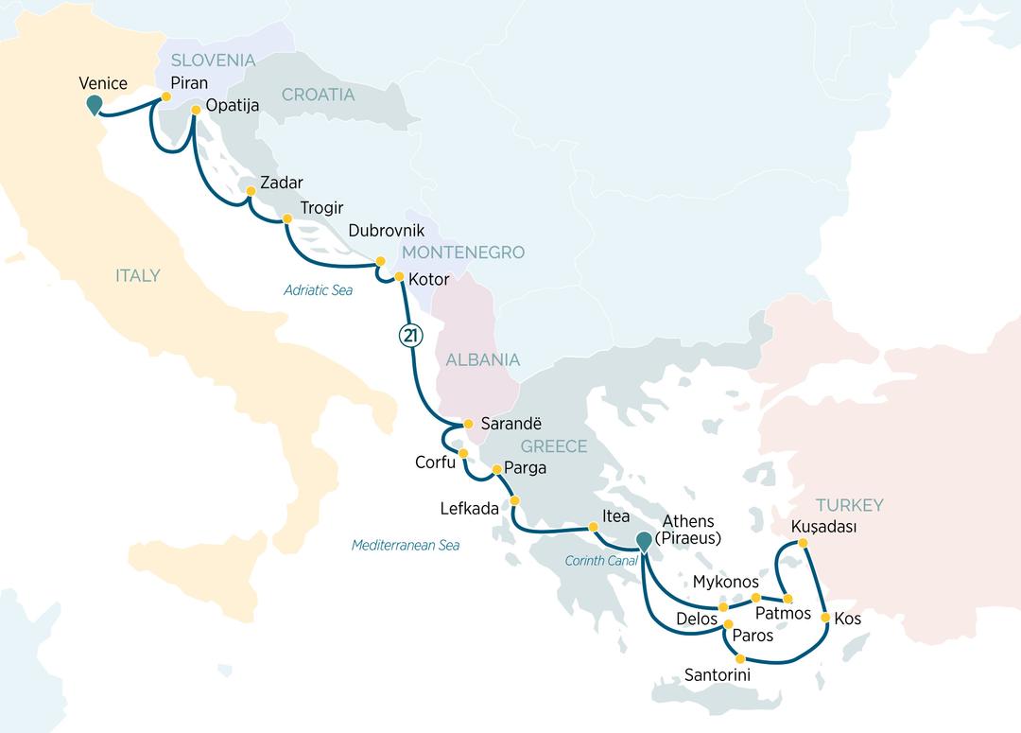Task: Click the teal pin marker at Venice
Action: (94, 105)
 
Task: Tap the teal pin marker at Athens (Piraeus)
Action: (644, 542)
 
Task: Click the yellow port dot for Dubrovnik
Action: (381, 261)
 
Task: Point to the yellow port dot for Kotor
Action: (399, 277)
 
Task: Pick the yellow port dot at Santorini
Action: (740, 658)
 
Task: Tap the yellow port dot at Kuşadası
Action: (803, 543)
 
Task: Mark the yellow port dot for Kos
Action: (825, 618)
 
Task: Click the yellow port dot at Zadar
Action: (251, 192)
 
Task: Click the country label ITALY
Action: (138, 276)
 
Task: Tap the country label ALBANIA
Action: (483, 359)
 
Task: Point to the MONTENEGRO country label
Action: (463, 253)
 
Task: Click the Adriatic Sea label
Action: (318, 290)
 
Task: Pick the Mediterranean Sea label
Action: (405, 546)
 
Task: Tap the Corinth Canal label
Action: (603, 560)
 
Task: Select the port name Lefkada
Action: (469, 509)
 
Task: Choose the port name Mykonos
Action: (725, 582)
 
